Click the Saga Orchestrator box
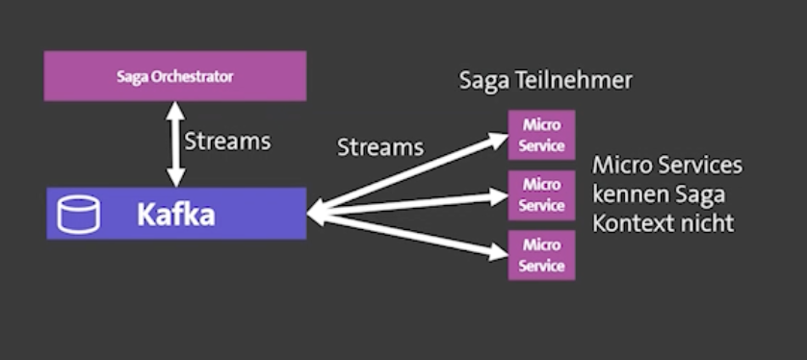(174, 75)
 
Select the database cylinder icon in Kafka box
(78, 215)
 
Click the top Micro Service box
(541, 135)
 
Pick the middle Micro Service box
(541, 194)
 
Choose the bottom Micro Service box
(541, 255)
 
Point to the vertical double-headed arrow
(175, 143)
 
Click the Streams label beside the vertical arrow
(227, 141)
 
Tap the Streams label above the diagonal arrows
(379, 147)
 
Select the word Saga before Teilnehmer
(482, 81)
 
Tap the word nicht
(708, 223)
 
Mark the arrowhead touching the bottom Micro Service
(498, 251)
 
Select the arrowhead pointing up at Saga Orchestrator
(175, 109)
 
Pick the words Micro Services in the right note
(667, 166)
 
